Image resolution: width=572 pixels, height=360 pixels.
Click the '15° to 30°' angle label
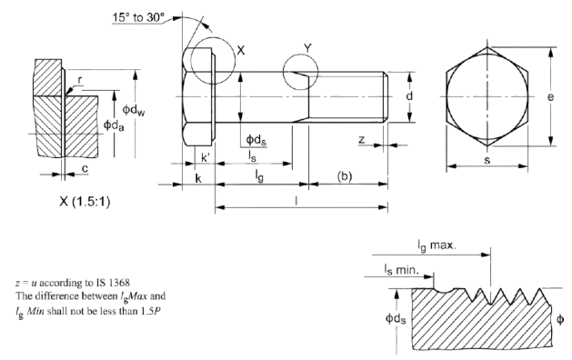click(x=138, y=17)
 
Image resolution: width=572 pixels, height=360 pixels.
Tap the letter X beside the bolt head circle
click(x=241, y=50)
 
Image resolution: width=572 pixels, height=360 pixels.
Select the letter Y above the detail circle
click(x=308, y=48)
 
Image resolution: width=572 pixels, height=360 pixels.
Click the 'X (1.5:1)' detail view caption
click(x=85, y=201)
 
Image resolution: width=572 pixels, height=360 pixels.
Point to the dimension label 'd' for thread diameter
click(x=409, y=96)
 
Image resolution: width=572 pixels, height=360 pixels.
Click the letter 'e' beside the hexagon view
click(x=550, y=97)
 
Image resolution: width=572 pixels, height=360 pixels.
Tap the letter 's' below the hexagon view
click(x=487, y=160)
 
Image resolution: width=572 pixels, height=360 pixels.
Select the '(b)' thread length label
click(x=345, y=176)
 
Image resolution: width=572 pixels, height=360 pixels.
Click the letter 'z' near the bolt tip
click(x=362, y=139)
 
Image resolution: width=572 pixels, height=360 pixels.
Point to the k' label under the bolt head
click(x=206, y=158)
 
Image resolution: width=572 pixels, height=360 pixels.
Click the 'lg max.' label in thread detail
click(x=437, y=245)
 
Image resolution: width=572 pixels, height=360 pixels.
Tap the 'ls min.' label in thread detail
click(x=401, y=270)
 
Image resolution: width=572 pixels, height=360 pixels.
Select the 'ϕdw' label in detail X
click(x=134, y=110)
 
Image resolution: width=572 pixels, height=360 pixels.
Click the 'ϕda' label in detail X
click(x=114, y=125)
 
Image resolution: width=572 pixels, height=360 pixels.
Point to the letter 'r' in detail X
click(x=80, y=80)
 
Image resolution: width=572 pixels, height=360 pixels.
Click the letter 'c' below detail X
click(x=85, y=168)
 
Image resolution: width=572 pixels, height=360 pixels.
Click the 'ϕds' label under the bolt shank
click(x=256, y=140)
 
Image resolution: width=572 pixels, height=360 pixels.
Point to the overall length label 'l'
click(x=296, y=201)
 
